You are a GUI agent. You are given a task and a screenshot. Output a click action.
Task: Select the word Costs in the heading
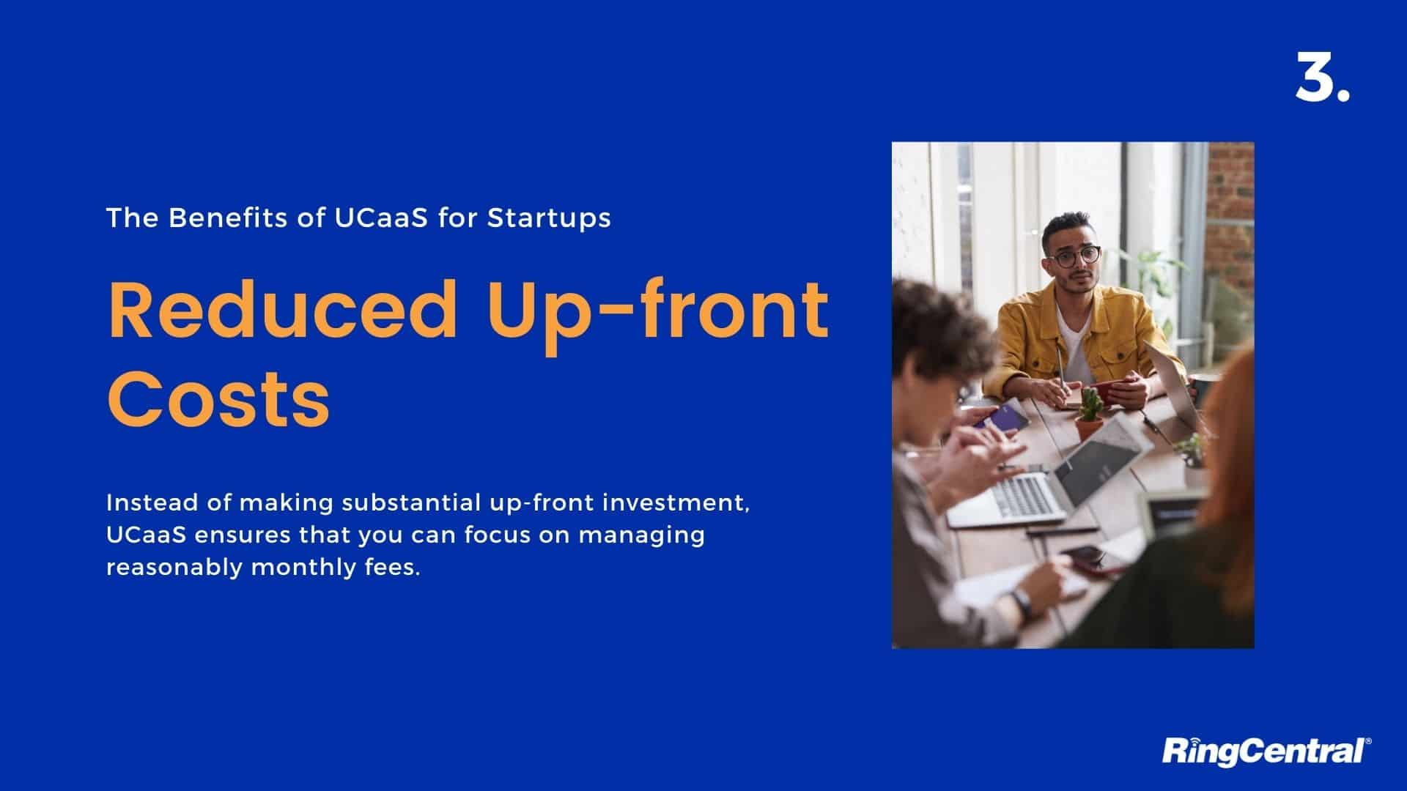tap(218, 398)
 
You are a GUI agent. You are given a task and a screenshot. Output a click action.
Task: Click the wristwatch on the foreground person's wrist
tap(1022, 603)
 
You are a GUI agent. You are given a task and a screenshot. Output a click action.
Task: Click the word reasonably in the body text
tap(174, 568)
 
